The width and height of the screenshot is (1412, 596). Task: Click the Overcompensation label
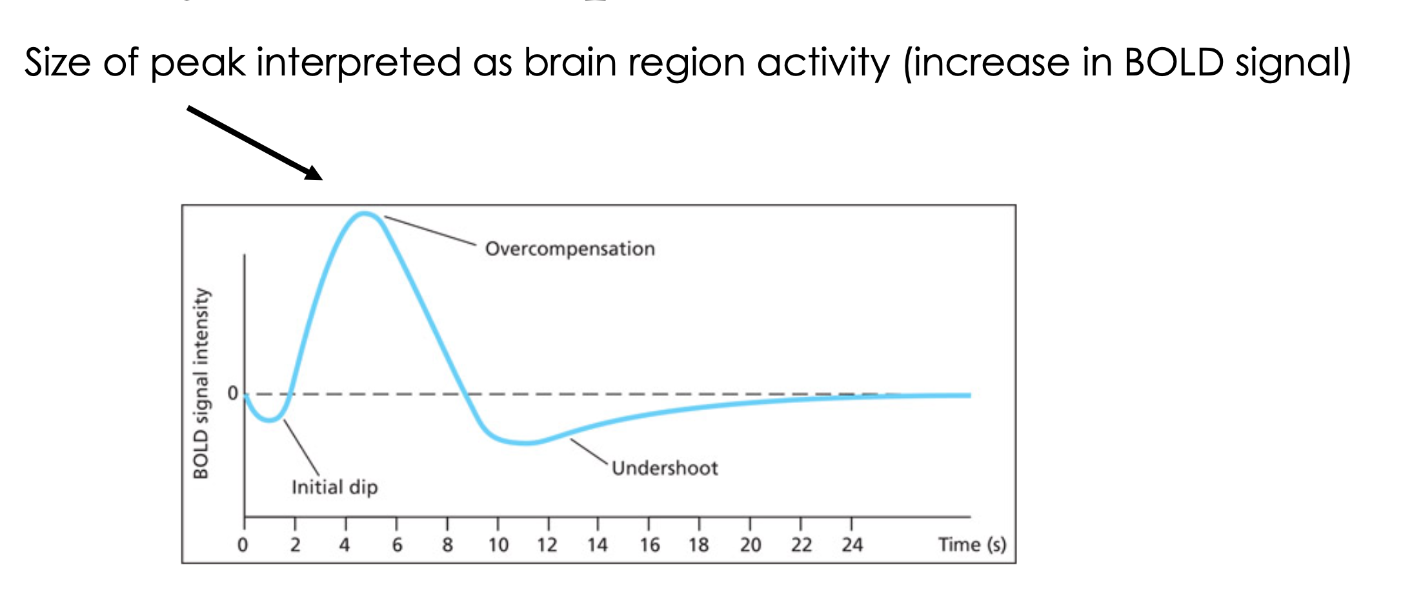570,249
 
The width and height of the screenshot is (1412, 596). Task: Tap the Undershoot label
665,468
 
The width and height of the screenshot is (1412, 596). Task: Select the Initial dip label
334,487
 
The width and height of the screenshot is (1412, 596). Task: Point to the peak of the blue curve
365,213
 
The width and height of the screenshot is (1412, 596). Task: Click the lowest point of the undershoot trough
526,443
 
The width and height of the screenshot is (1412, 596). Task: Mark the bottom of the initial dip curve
270,421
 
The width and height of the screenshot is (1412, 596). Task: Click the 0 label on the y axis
232,393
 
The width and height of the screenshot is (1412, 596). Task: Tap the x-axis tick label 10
498,546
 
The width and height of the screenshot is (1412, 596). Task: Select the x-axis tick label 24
852,546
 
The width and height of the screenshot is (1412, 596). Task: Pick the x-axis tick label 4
345,546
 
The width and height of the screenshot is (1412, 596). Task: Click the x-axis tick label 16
649,546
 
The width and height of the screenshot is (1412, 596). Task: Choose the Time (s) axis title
972,545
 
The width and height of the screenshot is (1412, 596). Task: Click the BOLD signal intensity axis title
201,384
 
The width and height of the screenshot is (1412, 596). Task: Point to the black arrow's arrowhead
314,173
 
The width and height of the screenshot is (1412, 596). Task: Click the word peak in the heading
197,63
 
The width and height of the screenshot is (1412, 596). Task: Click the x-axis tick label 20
751,546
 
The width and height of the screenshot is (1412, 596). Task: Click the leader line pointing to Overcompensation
430,231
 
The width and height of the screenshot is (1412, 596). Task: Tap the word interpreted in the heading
358,63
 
